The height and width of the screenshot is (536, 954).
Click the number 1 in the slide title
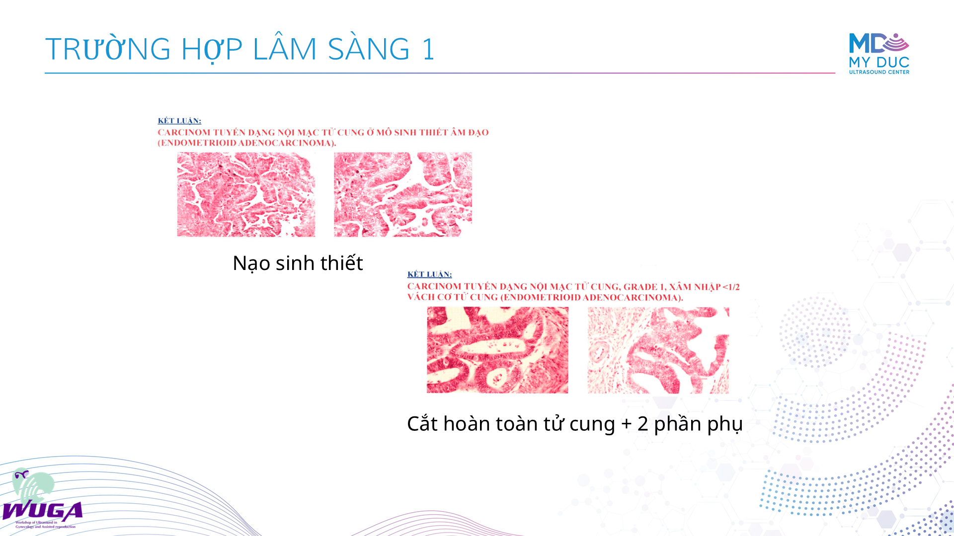point(428,49)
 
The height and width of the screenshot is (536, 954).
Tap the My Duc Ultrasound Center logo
point(879,54)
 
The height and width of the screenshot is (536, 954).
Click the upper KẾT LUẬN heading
point(179,121)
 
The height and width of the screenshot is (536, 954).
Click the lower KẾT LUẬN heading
point(429,274)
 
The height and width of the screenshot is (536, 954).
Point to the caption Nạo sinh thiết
point(298,263)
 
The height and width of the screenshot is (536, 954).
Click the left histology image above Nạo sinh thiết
point(246,195)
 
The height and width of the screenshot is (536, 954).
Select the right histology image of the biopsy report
point(403,195)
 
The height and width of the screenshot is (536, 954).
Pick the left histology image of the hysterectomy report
point(497,350)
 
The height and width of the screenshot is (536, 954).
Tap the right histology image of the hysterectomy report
point(658,350)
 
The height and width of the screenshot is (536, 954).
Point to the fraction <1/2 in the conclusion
point(731,287)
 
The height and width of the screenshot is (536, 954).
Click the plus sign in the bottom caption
point(626,424)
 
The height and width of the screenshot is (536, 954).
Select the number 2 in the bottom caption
point(643,423)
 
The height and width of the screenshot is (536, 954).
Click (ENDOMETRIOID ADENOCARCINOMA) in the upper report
point(247,143)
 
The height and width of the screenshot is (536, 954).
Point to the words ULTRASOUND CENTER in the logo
point(879,72)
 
